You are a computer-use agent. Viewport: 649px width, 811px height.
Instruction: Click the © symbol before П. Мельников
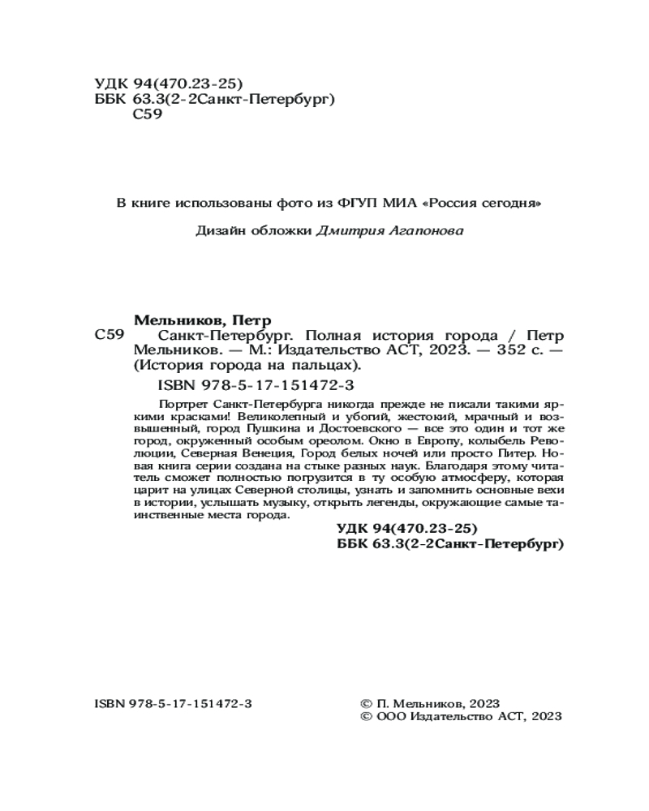[x=365, y=702]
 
